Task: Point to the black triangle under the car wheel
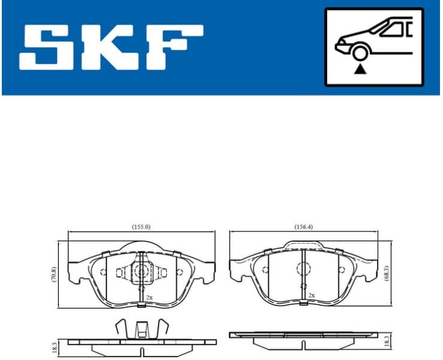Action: [x=359, y=70]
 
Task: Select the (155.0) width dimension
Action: [x=141, y=227]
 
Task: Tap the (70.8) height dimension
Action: [x=53, y=275]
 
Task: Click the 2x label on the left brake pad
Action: [x=149, y=296]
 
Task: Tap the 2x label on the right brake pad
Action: [x=311, y=296]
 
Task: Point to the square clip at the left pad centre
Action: [x=141, y=272]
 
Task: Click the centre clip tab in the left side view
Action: [x=141, y=329]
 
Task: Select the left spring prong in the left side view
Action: [x=119, y=328]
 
